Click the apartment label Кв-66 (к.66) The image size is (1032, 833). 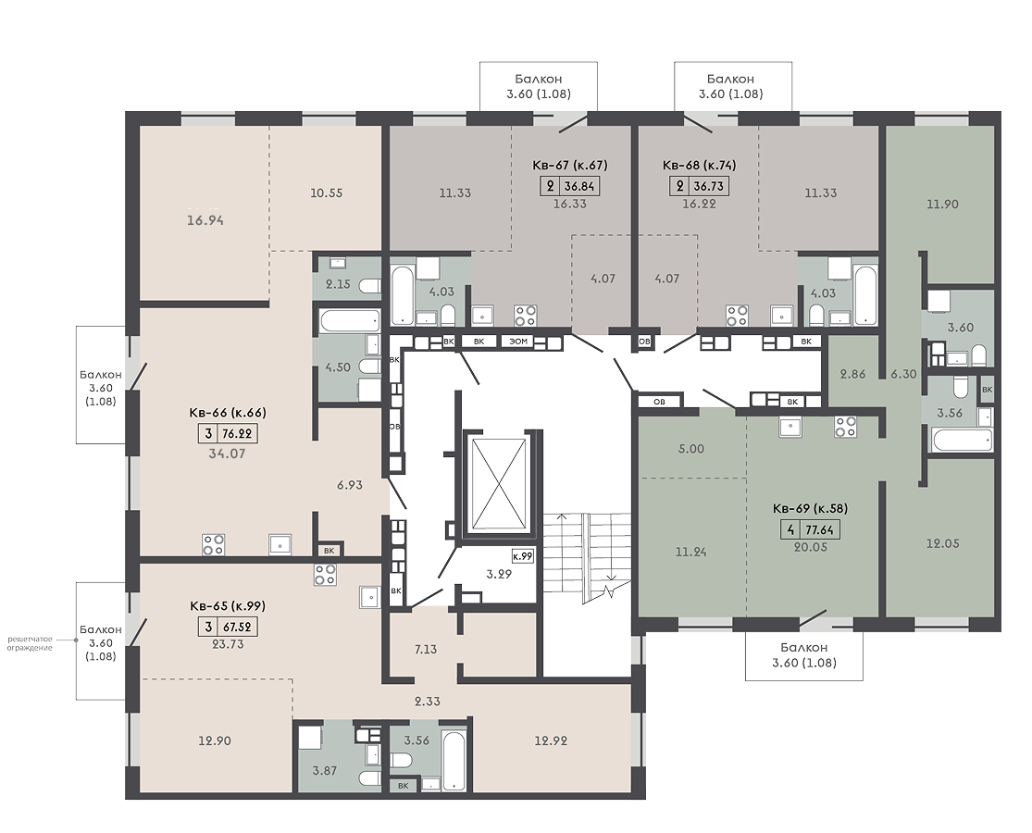[228, 413]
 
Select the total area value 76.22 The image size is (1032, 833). [238, 433]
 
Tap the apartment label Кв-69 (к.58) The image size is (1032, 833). [810, 508]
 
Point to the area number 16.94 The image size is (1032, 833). [205, 220]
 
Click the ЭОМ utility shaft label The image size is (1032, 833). [518, 342]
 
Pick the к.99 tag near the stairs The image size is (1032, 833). [523, 556]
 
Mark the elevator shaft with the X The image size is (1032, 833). [501, 484]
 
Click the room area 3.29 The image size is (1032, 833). [499, 574]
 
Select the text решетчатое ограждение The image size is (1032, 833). [31, 643]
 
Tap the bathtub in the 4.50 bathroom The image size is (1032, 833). [350, 322]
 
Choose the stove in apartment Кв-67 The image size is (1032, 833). [525, 316]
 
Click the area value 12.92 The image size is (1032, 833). [551, 740]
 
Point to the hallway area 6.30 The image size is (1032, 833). [903, 374]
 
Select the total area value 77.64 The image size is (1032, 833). [821, 529]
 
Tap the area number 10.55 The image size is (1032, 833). [327, 193]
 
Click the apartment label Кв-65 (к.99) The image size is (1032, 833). [228, 606]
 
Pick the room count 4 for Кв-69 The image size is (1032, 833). [790, 529]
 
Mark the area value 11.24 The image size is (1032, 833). [690, 553]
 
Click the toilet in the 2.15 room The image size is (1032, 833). [370, 286]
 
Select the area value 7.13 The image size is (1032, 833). [426, 650]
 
